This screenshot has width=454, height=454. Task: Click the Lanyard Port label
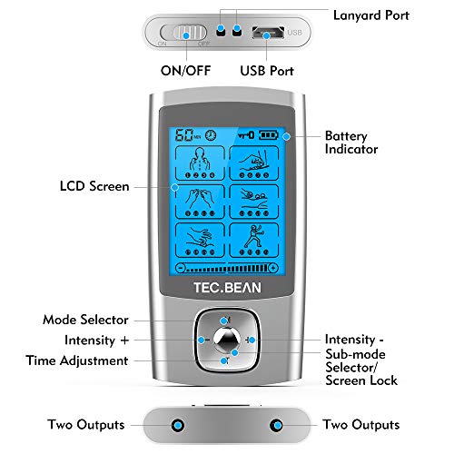(371, 15)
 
